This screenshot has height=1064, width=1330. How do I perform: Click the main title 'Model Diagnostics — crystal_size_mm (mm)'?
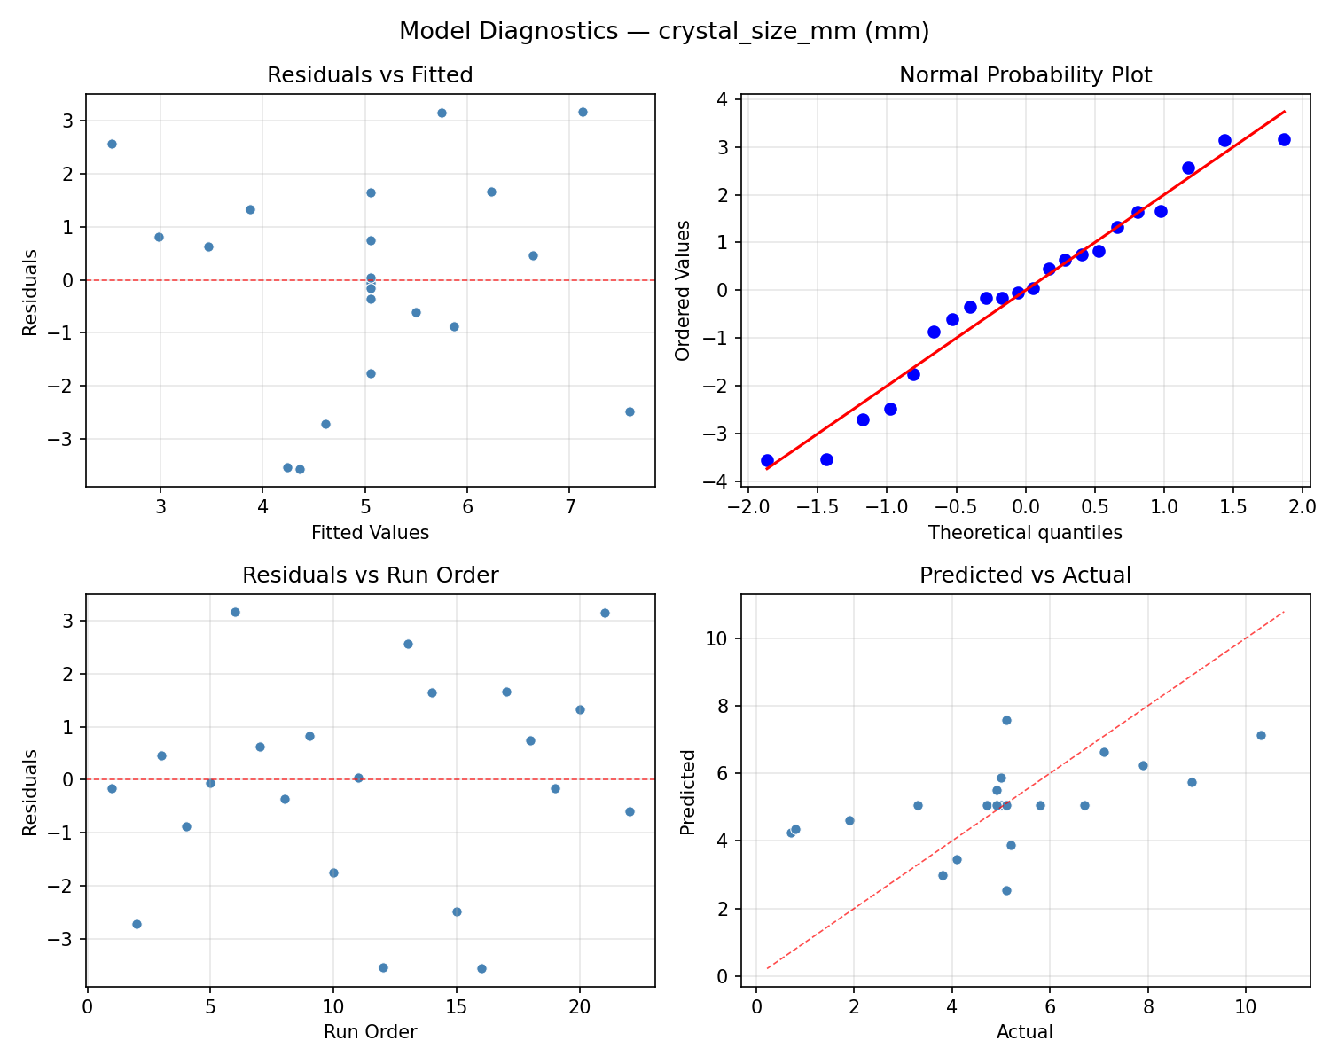click(664, 31)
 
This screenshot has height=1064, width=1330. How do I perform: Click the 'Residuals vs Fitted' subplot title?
click(370, 75)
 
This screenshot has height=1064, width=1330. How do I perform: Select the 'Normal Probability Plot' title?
click(1025, 75)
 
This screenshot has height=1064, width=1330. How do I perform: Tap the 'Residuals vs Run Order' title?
click(370, 575)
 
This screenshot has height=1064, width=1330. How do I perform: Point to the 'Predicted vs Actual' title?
click(1025, 575)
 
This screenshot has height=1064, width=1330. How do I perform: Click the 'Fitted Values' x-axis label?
click(370, 533)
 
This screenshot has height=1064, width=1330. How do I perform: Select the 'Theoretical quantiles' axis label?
click(1025, 533)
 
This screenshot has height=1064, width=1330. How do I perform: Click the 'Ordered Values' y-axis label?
click(682, 290)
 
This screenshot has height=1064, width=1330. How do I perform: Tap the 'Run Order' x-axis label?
click(370, 1032)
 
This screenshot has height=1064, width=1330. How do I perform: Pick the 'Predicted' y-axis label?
click(687, 792)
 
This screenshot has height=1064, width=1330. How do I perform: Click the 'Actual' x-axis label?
click(1025, 1032)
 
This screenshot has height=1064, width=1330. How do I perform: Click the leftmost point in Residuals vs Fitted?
click(112, 144)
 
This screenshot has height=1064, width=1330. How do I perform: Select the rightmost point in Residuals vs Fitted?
click(630, 411)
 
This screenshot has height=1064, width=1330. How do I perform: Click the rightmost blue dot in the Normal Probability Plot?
click(1284, 139)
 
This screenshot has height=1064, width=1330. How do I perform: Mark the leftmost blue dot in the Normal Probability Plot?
click(767, 460)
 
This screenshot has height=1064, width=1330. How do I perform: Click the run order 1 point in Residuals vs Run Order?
click(112, 788)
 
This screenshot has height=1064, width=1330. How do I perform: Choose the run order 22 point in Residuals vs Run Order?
click(630, 811)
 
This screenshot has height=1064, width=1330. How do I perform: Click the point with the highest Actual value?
click(1261, 735)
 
